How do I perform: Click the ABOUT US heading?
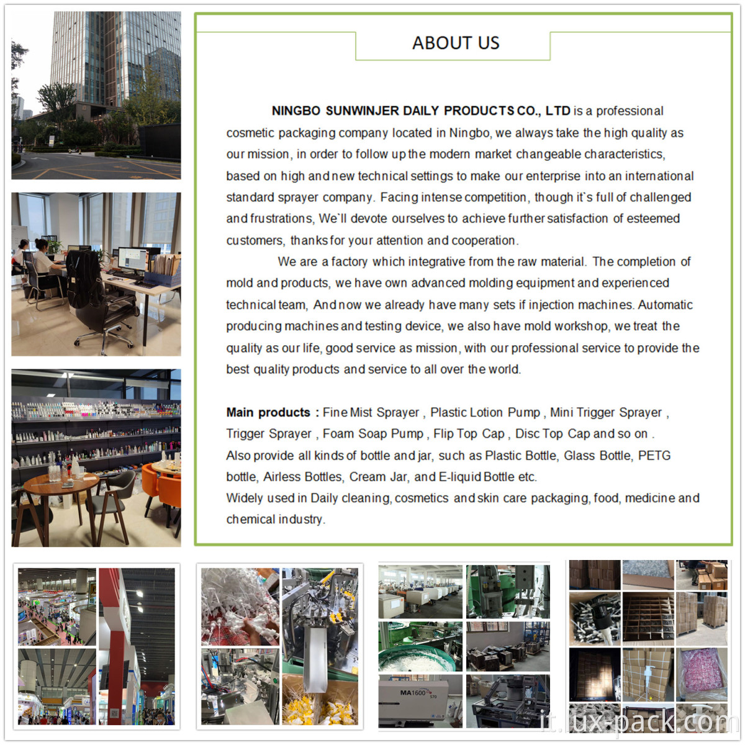(x=456, y=43)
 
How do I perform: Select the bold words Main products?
(x=268, y=412)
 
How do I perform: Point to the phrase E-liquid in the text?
(x=460, y=477)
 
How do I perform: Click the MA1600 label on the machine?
(x=412, y=692)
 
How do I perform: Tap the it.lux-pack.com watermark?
(x=640, y=721)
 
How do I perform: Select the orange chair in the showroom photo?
(x=163, y=491)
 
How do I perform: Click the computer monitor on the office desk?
(x=132, y=260)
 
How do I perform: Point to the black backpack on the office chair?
(x=84, y=278)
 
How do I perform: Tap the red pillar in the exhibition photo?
(x=115, y=649)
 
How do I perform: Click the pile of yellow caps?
(x=320, y=708)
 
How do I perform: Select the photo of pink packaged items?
(x=702, y=675)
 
